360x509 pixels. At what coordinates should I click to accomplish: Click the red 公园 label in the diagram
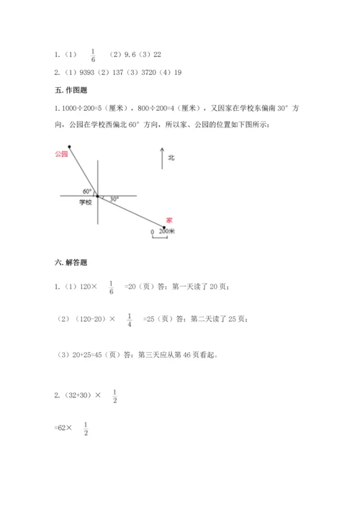coord(60,154)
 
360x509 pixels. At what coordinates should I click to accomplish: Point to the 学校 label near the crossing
coord(86,202)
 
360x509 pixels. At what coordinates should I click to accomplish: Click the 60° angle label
coord(87,191)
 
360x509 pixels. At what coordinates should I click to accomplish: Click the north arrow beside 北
coord(163,158)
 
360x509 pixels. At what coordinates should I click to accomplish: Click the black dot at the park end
coord(70,146)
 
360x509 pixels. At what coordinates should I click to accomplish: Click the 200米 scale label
coord(167,231)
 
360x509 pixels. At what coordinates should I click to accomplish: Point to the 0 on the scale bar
coord(152,232)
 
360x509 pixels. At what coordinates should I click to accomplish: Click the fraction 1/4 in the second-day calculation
coord(130,320)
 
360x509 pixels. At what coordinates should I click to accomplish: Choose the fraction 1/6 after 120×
coord(112,287)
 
